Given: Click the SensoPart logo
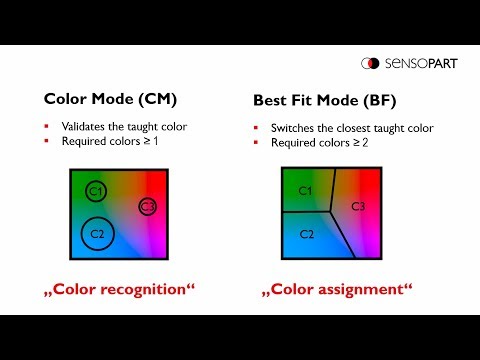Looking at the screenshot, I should (411, 63).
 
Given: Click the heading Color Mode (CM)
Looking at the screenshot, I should (110, 99).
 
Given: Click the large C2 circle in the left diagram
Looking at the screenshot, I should (98, 233).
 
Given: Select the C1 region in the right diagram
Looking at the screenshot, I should (306, 190).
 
